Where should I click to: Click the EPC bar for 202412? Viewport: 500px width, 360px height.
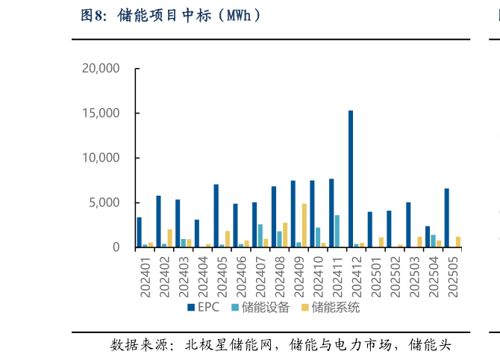point(351,179)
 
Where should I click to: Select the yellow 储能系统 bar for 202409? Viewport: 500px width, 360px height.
point(304,225)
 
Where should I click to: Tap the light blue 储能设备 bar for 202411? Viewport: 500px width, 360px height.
point(337,231)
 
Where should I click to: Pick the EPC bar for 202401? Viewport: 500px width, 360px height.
point(139,232)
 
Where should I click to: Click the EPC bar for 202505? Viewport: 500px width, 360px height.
point(447,217)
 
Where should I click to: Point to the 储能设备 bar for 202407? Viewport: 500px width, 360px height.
point(260,235)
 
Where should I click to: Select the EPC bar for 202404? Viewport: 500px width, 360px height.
point(197,233)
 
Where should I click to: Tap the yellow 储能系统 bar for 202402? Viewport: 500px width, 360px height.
point(169,238)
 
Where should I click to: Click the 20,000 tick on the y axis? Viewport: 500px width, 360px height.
point(100,69)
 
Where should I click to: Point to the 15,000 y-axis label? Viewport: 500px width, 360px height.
point(100,114)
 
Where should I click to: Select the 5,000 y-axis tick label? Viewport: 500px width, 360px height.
point(104,202)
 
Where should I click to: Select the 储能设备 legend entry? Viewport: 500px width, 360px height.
point(260,307)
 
